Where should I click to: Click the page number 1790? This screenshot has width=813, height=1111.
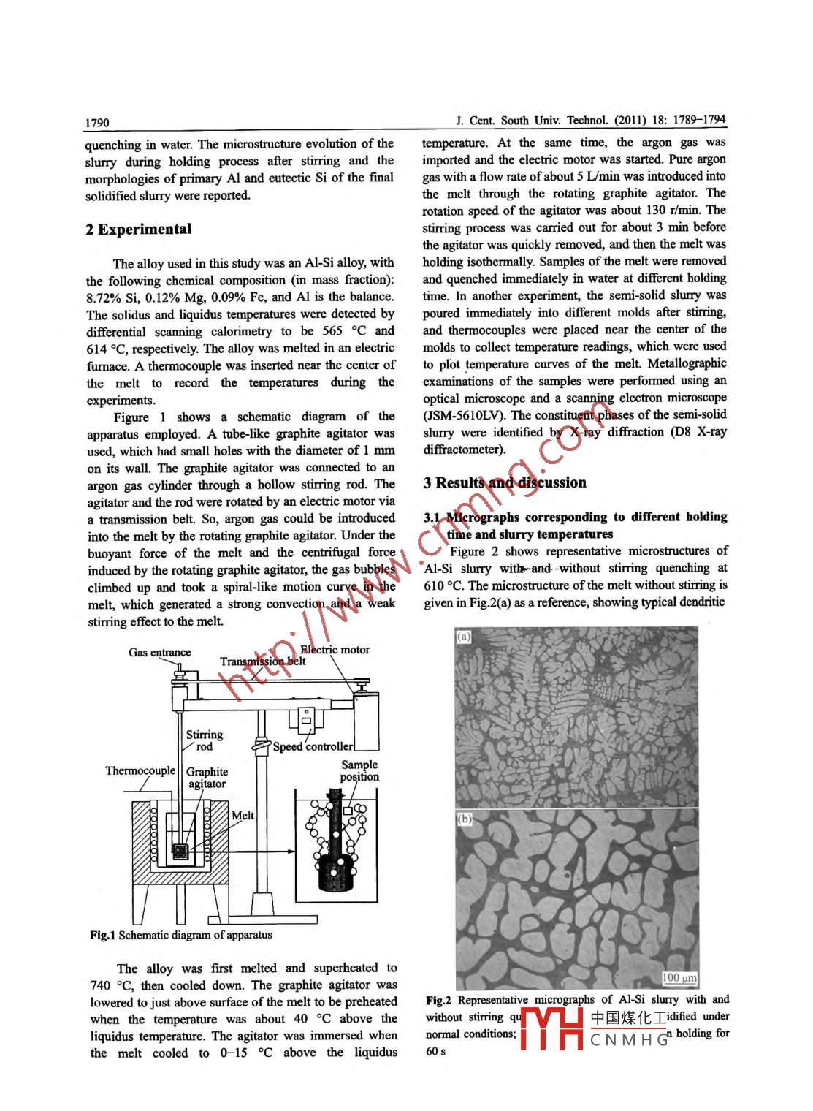click(97, 123)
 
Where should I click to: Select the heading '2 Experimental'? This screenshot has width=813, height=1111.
click(138, 230)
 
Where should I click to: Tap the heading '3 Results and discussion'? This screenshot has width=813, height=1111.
click(505, 483)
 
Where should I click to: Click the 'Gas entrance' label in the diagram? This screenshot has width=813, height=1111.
click(159, 653)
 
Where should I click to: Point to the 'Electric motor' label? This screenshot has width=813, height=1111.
click(336, 650)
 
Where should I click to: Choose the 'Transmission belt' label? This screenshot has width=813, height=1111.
click(263, 662)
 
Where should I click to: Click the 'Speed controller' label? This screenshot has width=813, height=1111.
click(313, 747)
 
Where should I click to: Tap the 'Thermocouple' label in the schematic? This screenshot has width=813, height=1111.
click(140, 771)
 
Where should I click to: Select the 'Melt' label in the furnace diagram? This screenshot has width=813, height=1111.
click(243, 816)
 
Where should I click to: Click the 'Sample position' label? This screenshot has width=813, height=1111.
click(359, 771)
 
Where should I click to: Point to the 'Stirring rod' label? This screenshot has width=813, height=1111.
click(205, 740)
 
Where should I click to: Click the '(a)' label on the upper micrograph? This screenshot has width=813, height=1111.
click(464, 637)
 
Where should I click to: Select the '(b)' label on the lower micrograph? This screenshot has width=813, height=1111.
click(465, 819)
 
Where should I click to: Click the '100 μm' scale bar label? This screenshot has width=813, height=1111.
click(679, 978)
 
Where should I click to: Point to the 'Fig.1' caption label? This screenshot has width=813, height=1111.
click(103, 936)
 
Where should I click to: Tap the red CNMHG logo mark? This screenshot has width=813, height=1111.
click(552, 1029)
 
